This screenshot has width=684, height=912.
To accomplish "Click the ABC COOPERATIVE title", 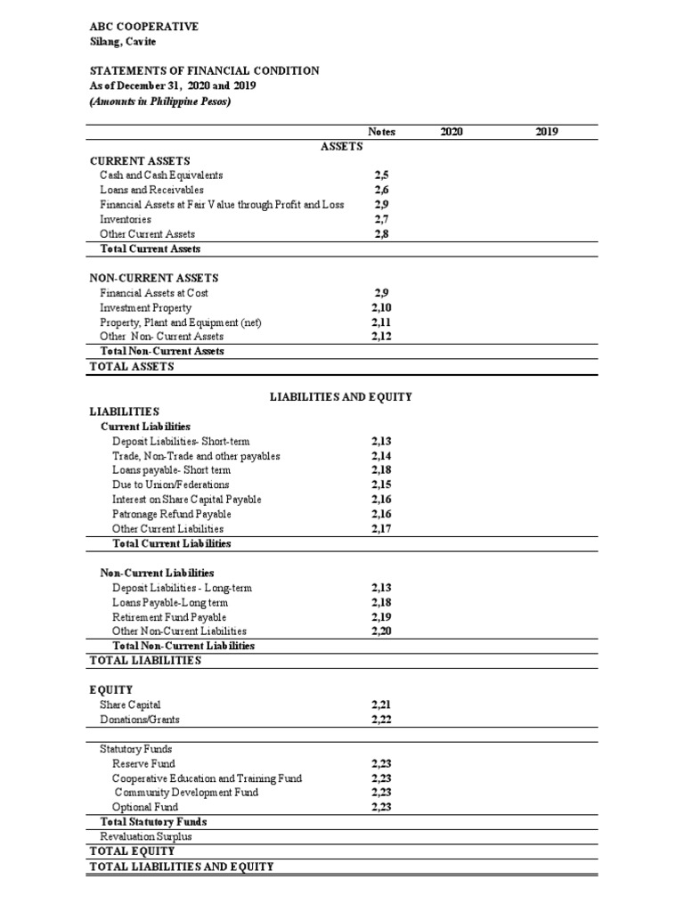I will pos(143,27).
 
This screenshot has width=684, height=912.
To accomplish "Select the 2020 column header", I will pos(452,132).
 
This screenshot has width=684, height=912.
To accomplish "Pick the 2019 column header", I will pos(547,132).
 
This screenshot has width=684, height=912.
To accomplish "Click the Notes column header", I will pos(381,132).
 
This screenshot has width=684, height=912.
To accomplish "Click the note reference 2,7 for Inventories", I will pos(381,219).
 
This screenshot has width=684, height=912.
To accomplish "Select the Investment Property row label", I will pos(145,307).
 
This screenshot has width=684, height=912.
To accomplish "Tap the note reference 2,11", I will pos(381,322).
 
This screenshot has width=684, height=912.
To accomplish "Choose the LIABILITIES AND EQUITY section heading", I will pos(341,397).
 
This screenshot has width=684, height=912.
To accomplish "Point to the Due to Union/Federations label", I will pos(170,484).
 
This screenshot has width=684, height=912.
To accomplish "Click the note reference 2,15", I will pos(381,484).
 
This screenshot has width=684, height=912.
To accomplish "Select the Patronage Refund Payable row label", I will pos(172,514).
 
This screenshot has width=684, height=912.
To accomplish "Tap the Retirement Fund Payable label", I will pos(169,616).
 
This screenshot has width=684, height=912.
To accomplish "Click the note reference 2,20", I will pos(381,631).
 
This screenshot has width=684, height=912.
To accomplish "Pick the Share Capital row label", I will pos(131,704).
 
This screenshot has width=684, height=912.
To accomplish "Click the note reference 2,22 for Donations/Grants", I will pos(381,719).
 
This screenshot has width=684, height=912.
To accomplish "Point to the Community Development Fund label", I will pos(186,793).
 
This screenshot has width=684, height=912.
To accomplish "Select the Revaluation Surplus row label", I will pos(146,836).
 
